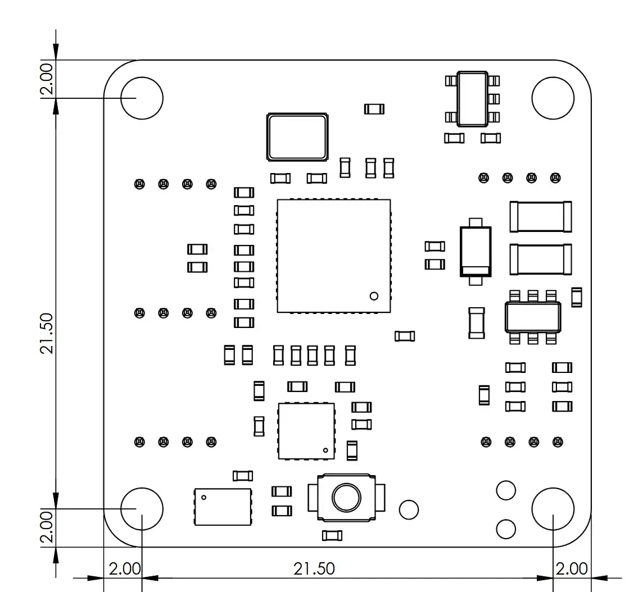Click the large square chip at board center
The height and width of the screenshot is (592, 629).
point(334,256)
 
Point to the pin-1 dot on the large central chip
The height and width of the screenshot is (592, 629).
point(374,296)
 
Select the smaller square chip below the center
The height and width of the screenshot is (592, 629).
point(306,431)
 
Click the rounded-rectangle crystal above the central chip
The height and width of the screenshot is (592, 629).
point(297,137)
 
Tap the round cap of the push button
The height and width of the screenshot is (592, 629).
point(346,498)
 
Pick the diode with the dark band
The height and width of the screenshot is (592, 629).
point(476,252)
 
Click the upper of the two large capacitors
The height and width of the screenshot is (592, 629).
point(541,217)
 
